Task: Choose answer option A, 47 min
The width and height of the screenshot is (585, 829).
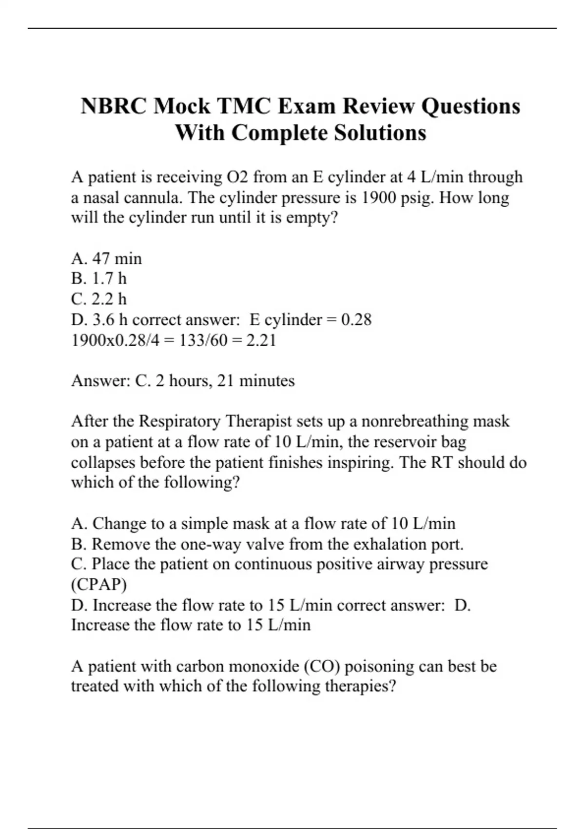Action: coord(107,258)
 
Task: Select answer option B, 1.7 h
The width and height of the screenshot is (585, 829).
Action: coord(99,278)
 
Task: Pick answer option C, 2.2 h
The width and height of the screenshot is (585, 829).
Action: coord(99,299)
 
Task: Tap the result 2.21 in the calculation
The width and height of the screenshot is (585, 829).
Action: coord(261,340)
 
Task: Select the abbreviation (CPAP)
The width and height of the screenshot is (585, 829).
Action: coord(99,584)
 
